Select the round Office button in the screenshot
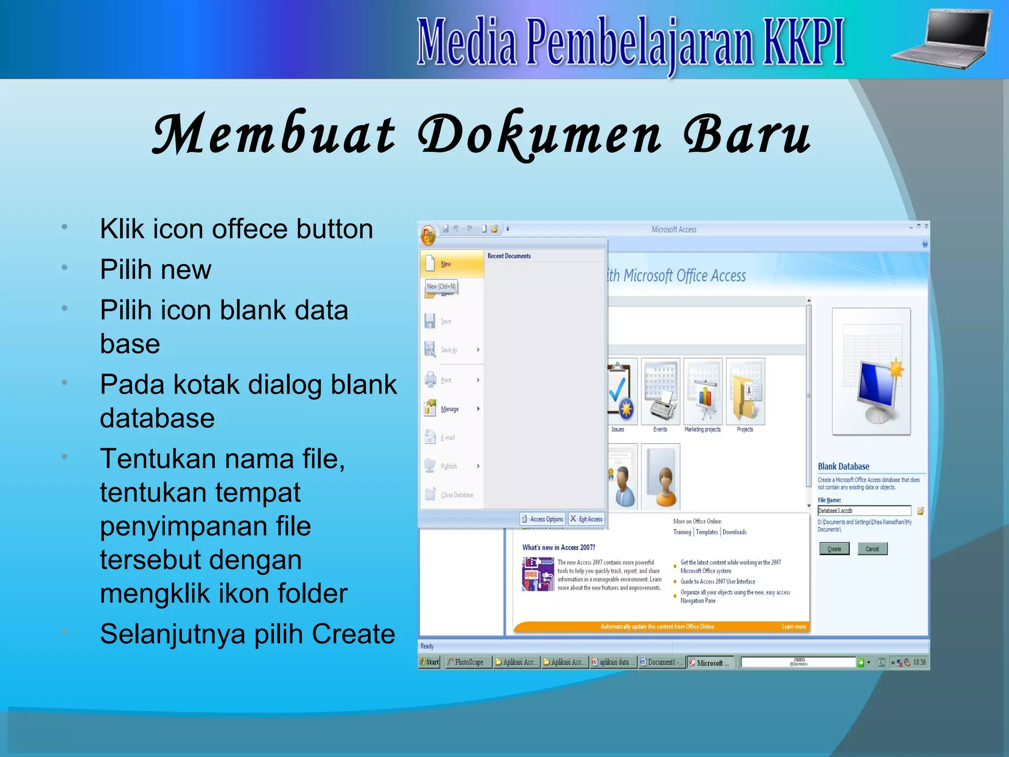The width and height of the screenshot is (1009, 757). pos(428,235)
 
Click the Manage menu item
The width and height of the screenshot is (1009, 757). pos(449,409)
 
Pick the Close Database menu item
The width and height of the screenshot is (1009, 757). pos(456,495)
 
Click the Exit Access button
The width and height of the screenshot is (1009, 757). pos(586,519)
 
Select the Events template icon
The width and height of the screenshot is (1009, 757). pos(660,392)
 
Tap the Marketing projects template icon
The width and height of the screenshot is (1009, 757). pos(703,392)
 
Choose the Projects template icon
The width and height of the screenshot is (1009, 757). pos(745,392)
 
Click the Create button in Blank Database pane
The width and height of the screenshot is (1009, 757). pos(834,549)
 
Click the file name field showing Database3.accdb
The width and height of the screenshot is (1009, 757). pos(864,511)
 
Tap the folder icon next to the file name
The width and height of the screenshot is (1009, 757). pos(920,511)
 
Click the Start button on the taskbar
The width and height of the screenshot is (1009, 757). pos(429,662)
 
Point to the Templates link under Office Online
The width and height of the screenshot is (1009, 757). pos(706,532)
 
